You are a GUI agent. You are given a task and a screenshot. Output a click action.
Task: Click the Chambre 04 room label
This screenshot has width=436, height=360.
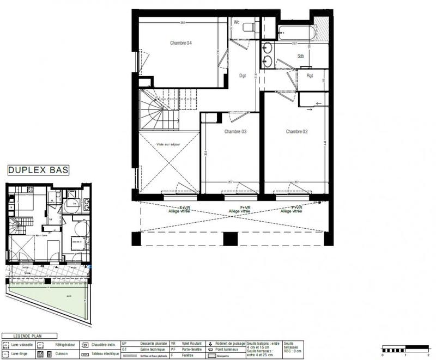[181, 43]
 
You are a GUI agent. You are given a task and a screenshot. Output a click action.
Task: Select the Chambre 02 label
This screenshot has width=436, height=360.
[297, 132]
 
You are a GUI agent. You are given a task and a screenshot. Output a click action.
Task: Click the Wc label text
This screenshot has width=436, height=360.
[237, 22]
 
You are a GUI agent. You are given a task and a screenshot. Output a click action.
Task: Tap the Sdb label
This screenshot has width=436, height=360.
[300, 56]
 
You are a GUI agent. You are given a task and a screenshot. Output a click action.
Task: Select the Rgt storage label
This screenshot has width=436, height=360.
[310, 76]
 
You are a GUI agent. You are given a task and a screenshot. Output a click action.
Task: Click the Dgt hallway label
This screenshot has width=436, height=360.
[243, 76]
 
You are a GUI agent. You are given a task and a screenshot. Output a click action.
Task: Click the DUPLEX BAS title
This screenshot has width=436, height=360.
[38, 170]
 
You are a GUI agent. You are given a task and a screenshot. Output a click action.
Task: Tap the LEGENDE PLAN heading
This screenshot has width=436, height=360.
[23, 336]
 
